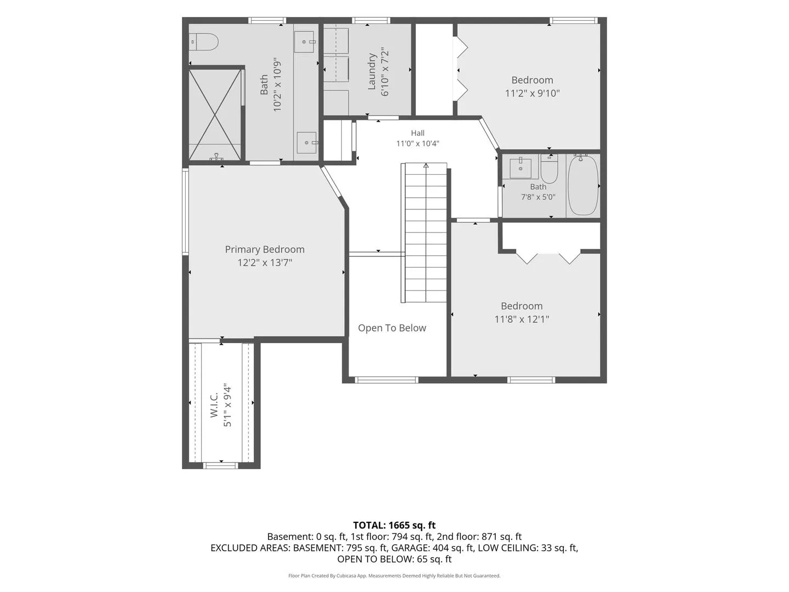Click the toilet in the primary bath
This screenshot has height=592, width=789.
tap(203, 42)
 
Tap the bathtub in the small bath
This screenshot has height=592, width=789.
tap(582, 185)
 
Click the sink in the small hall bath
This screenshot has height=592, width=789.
tap(521, 168)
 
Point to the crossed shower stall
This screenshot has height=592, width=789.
tap(215, 115)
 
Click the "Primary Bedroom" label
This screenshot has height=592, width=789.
tap(265, 249)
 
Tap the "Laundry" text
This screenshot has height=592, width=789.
tap(371, 71)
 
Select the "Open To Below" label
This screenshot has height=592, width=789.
tap(392, 328)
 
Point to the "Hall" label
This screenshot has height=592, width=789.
tap(418, 133)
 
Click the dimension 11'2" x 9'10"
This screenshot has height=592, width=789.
tap(533, 93)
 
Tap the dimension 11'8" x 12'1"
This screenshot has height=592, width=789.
tap(522, 319)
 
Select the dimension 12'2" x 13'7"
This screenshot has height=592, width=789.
tap(265, 263)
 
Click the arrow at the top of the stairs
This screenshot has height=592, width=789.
tap(426, 166)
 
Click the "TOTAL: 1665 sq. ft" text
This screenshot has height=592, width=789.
tap(395, 525)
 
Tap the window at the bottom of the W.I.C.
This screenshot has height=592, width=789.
tap(221, 466)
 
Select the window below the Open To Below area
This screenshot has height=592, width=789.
tap(386, 380)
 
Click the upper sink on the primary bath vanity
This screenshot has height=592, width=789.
tap(305, 42)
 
